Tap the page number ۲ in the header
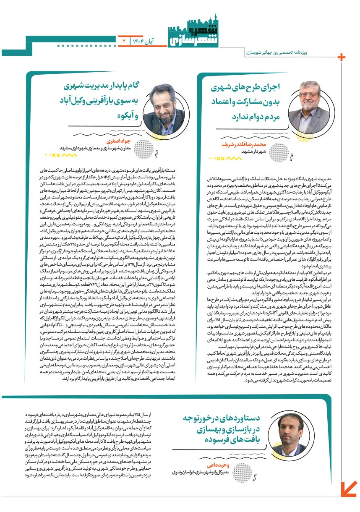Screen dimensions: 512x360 click(124, 41)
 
